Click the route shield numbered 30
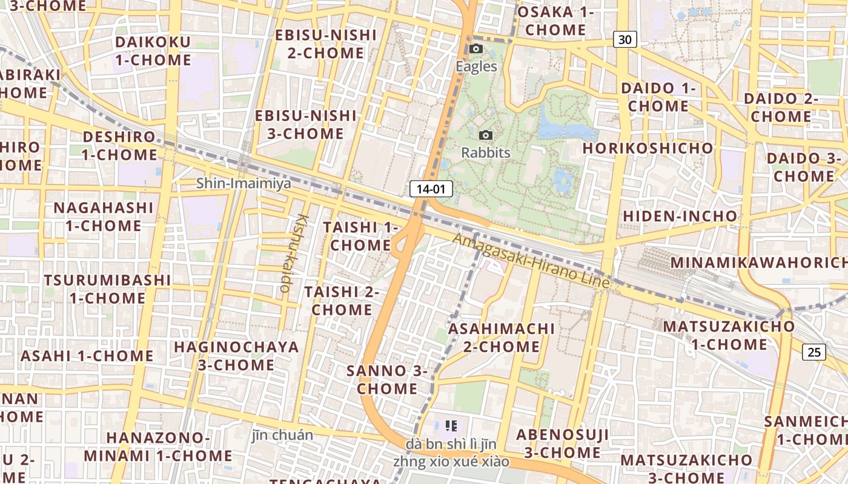tap(625, 40)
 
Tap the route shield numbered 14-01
tap(431, 189)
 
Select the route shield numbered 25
tap(815, 352)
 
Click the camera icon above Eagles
tap(476, 49)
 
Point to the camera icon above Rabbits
tap(485, 135)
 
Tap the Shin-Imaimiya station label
tap(243, 183)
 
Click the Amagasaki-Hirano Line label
tap(531, 261)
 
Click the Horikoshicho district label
tap(648, 148)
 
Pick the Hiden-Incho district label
tap(680, 216)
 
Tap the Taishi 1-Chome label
tap(360, 236)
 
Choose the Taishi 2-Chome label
tap(342, 301)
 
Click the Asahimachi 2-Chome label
tap(501, 338)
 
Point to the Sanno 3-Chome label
tap(387, 379)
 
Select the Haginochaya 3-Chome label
tap(236, 356)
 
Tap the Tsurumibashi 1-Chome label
tap(107, 289)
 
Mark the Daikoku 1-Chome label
tap(153, 51)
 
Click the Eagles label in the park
tap(476, 67)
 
